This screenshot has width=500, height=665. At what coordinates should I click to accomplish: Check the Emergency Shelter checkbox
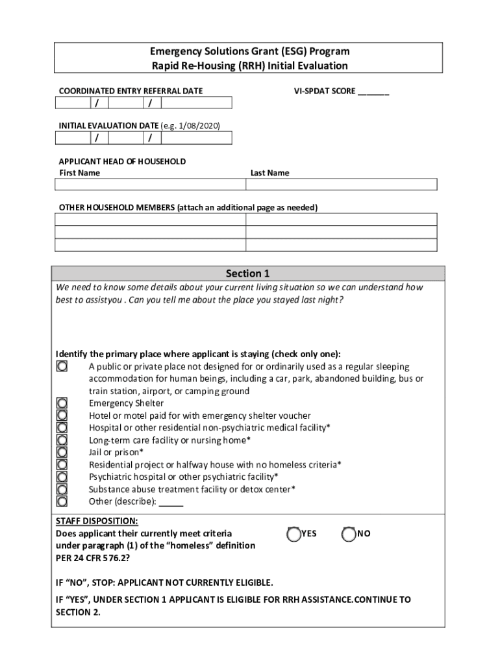pos(62,403)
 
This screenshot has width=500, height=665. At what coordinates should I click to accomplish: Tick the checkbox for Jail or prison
pos(62,453)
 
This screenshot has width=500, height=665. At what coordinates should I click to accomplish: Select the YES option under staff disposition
pos(293,534)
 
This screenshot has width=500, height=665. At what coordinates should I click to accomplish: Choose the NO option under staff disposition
pos(349,534)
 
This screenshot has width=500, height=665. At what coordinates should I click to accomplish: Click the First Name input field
pos(151,185)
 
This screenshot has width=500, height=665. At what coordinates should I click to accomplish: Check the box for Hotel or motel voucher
pos(62,416)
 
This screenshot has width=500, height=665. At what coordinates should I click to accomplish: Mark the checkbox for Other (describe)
pos(62,501)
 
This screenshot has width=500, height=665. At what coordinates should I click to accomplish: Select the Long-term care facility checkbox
pos(62,440)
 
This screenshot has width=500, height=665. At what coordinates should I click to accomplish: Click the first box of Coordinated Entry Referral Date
pos(73,103)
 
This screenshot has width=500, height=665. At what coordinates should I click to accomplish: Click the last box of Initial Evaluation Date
pos(195,138)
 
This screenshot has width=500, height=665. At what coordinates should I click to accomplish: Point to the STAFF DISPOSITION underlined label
pos(97,521)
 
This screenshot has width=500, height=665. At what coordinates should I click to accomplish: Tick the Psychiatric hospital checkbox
pos(62,477)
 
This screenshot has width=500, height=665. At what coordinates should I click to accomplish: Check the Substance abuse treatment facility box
pos(62,489)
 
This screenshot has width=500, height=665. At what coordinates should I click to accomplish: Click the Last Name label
pos(269,173)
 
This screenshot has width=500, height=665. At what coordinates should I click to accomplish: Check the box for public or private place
pos(62,366)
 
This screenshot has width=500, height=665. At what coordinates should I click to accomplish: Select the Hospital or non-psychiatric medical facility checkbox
pos(62,428)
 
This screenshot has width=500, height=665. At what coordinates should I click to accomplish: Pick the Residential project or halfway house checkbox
pos(62,465)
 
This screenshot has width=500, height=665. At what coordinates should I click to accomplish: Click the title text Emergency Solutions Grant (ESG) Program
pos(249,51)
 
